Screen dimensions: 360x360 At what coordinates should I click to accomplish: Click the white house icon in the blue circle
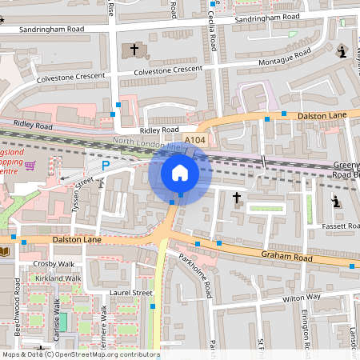pos(180,172)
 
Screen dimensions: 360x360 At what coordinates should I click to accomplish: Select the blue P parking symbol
pos(105,166)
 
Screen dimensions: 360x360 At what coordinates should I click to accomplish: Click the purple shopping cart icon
pos(30,166)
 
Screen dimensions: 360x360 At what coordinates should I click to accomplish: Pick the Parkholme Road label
pos(194,276)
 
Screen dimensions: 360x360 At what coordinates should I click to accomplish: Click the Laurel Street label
pos(131,293)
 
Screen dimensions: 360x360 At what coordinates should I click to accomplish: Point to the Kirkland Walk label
pos(58,278)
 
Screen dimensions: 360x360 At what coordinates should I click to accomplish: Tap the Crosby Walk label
pos(53,263)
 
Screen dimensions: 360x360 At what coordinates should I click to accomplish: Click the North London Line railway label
pos(147,145)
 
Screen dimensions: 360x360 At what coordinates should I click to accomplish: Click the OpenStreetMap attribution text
pos(80,354)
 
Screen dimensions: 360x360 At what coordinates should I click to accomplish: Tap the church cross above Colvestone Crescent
pos(134,50)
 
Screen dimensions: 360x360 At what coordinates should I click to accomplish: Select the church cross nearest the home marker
pos(237,196)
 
